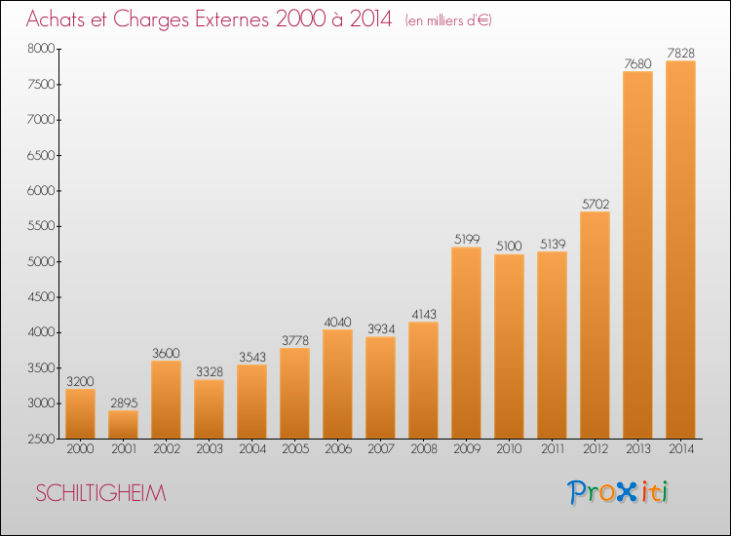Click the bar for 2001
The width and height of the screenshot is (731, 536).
[123, 425]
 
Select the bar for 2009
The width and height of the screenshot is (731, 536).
[466, 343]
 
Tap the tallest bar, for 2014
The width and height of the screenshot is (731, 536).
[680, 249]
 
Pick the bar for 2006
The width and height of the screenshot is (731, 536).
[337, 384]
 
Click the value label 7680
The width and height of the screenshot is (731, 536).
[637, 63]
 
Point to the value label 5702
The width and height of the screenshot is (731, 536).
[596, 204]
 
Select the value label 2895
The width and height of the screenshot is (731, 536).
[124, 402]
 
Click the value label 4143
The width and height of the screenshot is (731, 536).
[424, 314]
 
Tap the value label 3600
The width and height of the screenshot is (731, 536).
[166, 353]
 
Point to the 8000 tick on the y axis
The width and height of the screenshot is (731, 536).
[42, 49]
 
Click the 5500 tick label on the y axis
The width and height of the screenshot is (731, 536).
[42, 226]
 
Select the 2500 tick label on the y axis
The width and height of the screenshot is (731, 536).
[42, 440]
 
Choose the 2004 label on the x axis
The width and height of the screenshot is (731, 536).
[252, 449]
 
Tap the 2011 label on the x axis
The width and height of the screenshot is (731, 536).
[553, 449]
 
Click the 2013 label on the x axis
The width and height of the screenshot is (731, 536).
[637, 449]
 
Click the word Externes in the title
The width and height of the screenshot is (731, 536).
[232, 19]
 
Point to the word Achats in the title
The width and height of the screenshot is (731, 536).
[56, 19]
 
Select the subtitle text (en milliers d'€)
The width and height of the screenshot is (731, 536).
[448, 20]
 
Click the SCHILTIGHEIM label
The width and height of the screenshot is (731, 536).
[100, 493]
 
